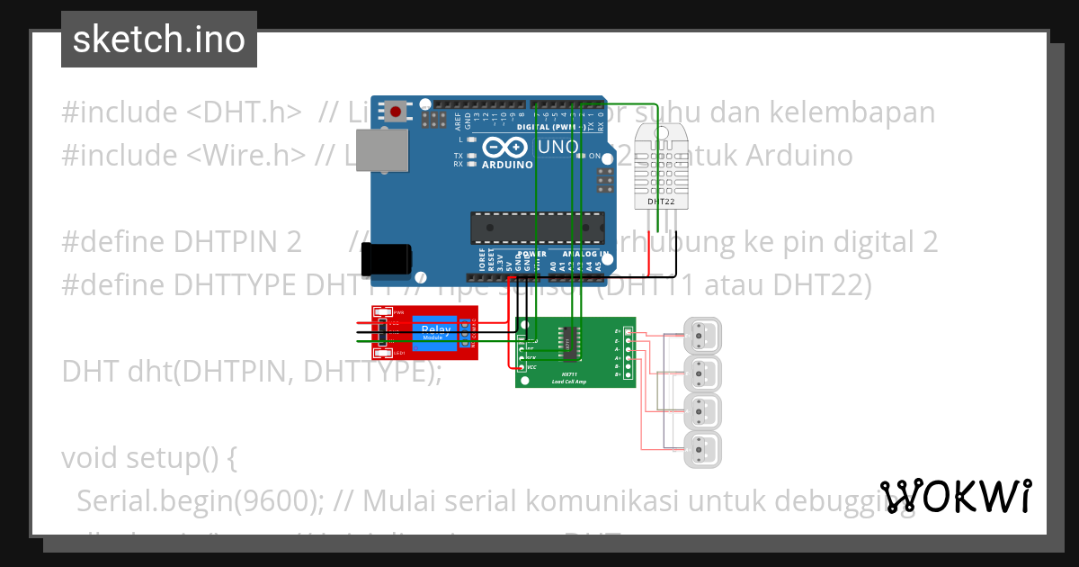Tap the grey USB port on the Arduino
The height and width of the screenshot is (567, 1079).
(x=380, y=153)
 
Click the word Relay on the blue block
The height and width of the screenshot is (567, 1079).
(x=436, y=331)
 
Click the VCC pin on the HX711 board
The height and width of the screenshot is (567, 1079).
(x=522, y=367)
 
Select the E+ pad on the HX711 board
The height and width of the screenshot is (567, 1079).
(x=629, y=332)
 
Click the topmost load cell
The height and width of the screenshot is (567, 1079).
(x=702, y=335)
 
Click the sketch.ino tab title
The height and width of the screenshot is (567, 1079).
(x=159, y=40)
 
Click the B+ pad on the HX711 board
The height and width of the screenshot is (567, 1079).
(x=629, y=374)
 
